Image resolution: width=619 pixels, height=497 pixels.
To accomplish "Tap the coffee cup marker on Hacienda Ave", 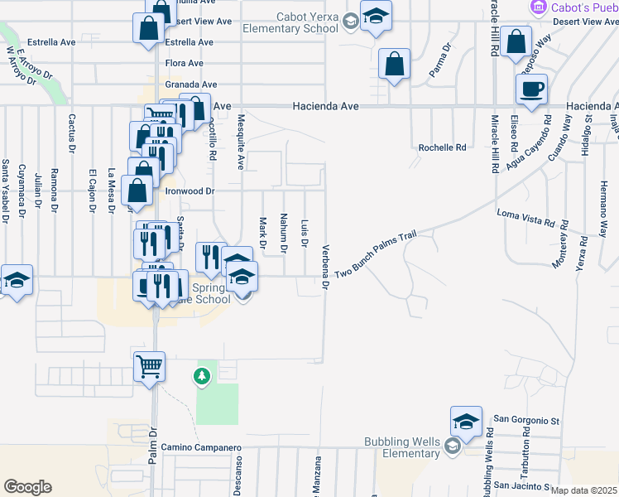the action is pyautogui.click(x=531, y=89).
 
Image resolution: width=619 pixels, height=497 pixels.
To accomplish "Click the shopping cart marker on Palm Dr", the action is pyautogui.click(x=149, y=365).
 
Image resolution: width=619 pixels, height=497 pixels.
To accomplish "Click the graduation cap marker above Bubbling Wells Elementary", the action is pyautogui.click(x=466, y=421).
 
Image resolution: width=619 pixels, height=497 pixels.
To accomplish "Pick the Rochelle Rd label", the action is pyautogui.click(x=443, y=147).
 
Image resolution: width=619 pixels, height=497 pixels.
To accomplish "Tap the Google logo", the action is pyautogui.click(x=27, y=486).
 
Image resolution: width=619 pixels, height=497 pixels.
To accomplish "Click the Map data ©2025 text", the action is pyautogui.click(x=583, y=490).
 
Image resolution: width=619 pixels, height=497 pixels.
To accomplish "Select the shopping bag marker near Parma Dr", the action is pyautogui.click(x=395, y=63).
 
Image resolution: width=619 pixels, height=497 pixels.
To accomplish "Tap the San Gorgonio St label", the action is pyautogui.click(x=526, y=421).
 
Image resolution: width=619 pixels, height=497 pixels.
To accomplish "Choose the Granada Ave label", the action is pyautogui.click(x=190, y=84).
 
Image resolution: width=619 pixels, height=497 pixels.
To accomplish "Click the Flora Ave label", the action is pyautogui.click(x=184, y=63).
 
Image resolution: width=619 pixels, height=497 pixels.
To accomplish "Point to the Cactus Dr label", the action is pyautogui.click(x=72, y=132).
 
